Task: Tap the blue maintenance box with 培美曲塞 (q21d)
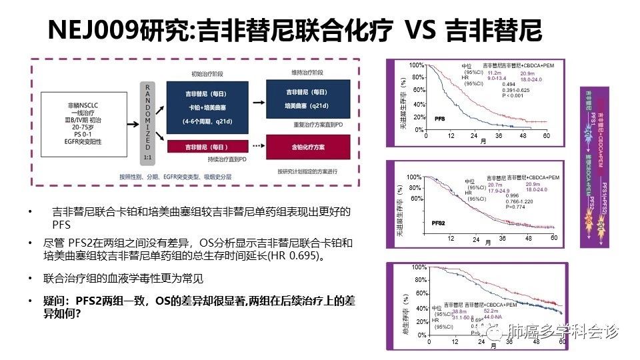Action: click(x=306, y=99)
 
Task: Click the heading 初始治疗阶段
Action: click(x=206, y=73)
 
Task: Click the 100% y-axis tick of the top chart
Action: click(x=416, y=65)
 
